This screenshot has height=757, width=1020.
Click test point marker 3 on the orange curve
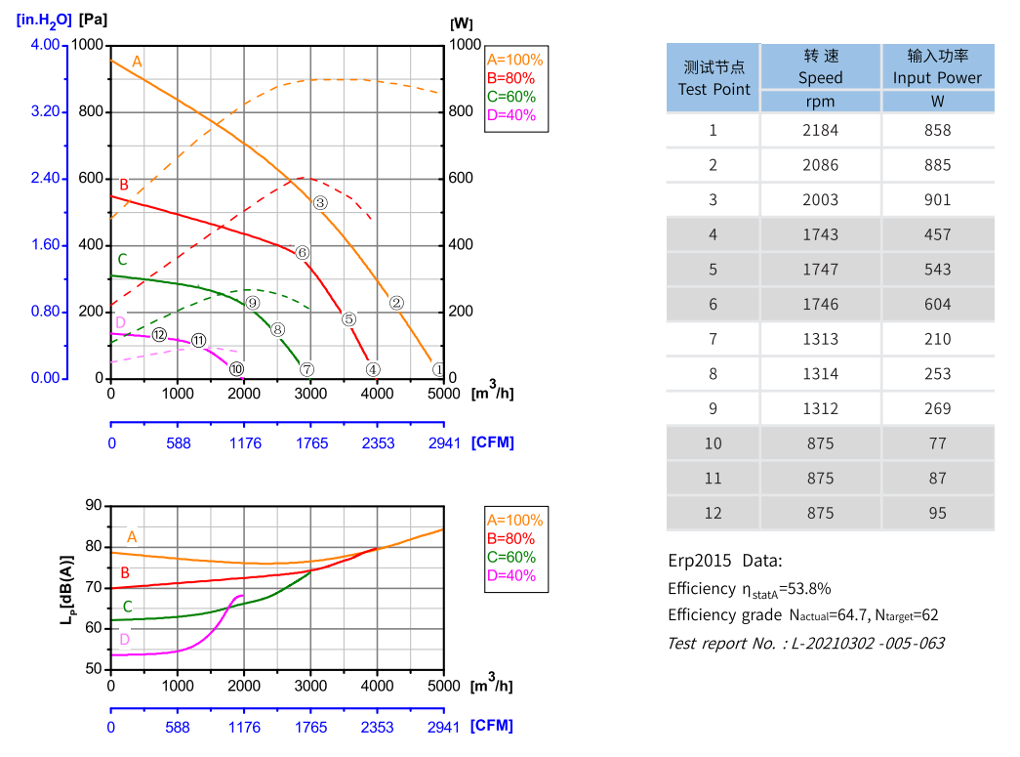319,203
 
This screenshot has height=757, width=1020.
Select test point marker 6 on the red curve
303,253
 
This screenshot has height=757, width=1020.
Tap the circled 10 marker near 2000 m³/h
236,369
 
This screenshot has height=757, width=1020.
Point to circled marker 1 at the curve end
438,369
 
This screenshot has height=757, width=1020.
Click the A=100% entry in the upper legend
514,60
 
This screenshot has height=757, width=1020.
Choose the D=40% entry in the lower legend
511,575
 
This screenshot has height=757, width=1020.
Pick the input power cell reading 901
937,199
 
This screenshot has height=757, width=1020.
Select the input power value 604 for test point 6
937,304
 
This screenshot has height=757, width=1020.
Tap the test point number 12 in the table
714,513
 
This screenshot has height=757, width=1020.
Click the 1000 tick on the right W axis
465,46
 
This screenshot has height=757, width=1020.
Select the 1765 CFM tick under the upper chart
311,442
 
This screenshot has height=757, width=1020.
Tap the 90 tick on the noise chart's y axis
94,506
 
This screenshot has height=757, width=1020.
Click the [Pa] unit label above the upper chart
95,20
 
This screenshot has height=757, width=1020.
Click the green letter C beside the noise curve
127,607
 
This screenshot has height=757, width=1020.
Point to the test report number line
805,643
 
